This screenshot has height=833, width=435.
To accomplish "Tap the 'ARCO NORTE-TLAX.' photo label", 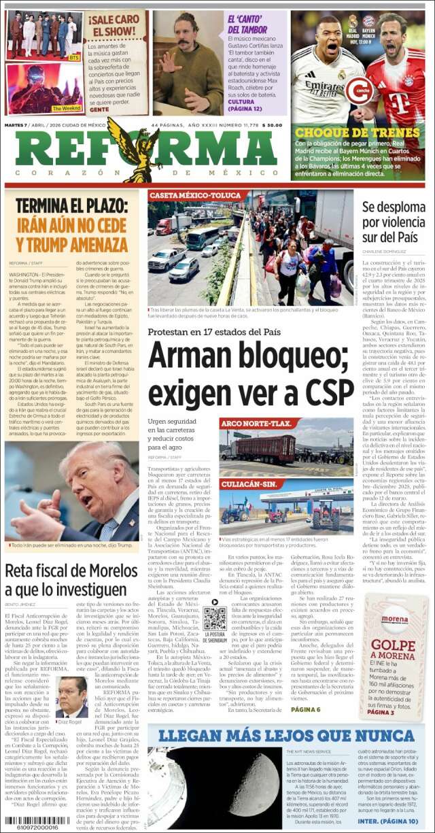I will (258, 424).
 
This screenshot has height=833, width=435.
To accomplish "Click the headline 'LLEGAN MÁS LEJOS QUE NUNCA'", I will (281, 735).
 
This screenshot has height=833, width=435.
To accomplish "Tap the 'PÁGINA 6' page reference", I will (305, 709).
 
